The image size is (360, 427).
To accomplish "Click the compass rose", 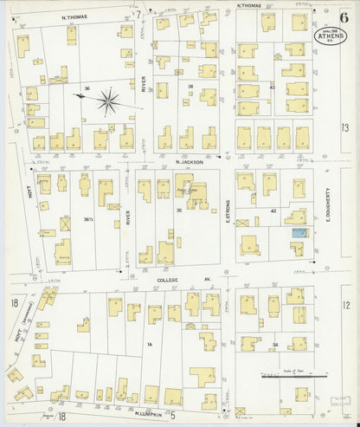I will (x=110, y=103).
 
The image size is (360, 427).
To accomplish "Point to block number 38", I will (x=190, y=86).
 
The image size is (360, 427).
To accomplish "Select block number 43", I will (x=273, y=86).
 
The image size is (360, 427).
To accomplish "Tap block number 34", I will (x=274, y=346).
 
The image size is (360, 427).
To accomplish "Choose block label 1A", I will (x=148, y=345).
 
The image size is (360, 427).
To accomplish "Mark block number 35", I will (x=179, y=210).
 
